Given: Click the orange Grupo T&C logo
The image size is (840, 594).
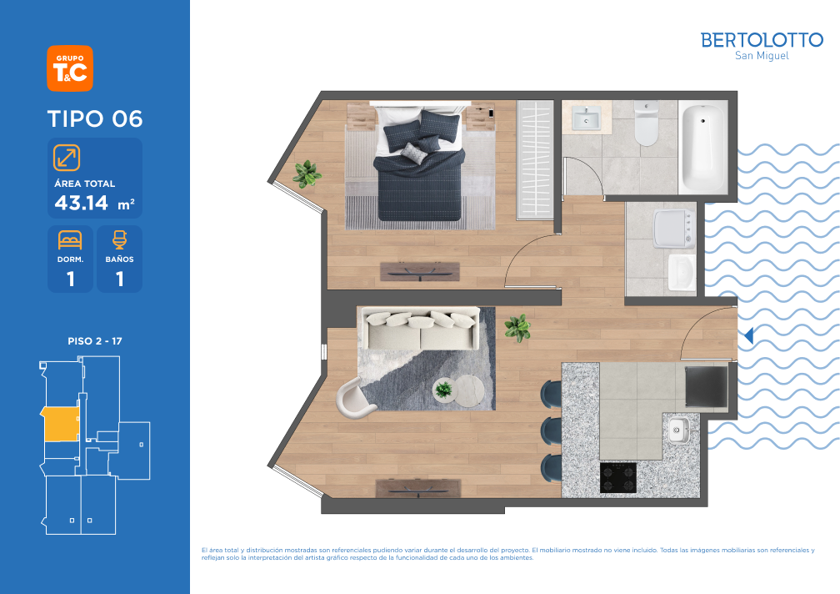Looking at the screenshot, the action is coord(70,68).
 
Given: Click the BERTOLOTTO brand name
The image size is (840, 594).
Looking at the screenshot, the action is coord(762,40).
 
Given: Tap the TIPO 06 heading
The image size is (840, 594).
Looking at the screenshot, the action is coord(95,118).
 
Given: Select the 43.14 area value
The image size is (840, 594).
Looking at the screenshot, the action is coord(82,203).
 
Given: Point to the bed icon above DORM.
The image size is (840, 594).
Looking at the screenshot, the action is coord(70,239).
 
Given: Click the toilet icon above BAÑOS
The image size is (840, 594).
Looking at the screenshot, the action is coord(119,239).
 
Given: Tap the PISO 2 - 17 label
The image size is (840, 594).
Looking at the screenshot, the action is coord(95,341).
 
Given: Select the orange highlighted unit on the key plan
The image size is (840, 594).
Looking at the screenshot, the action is coord(61,424).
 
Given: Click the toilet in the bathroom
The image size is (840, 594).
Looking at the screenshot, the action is coord(646,123).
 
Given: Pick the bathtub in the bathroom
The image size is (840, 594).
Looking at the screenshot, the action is coord(702,148).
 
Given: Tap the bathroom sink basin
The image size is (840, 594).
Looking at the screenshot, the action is coord(586,118).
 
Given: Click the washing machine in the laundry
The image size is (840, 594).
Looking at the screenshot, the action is coord(674,229).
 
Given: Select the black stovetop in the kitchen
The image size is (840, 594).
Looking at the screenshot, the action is coord(618,477).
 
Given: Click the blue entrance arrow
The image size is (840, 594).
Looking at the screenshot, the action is coord(748,335).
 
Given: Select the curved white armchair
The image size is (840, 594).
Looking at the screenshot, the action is coord(354,397).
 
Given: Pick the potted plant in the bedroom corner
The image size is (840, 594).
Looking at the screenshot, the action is coord(307,174).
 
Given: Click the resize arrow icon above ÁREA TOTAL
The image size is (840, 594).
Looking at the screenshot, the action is coord(67,158).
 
